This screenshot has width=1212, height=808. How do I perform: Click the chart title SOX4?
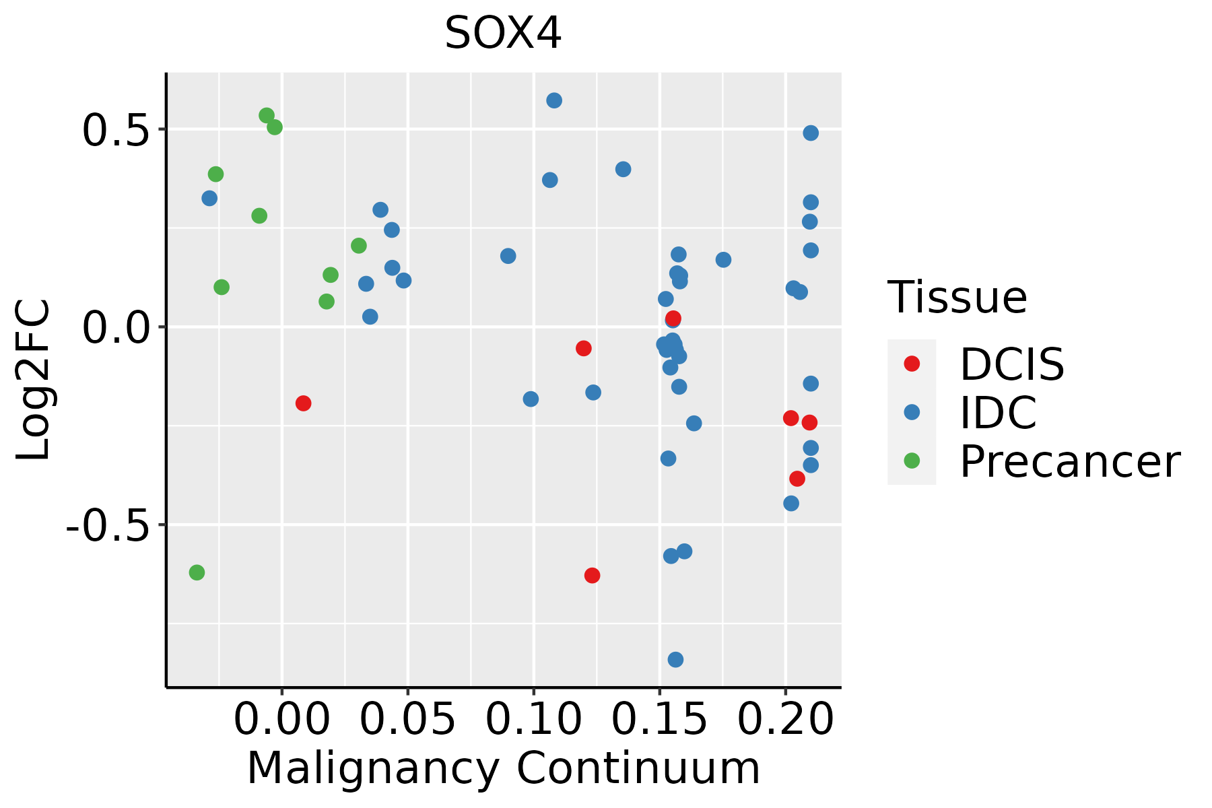click(503, 34)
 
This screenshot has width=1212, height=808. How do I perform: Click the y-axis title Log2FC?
click(34, 380)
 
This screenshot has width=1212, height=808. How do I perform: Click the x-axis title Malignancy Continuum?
click(503, 769)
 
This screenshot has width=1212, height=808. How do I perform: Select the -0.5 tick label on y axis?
click(106, 525)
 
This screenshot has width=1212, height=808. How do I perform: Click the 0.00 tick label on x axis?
click(281, 719)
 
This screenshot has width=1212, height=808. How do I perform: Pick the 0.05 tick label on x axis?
click(407, 719)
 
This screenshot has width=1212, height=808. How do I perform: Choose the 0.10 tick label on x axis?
click(533, 719)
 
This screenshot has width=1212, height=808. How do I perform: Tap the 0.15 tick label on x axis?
click(659, 719)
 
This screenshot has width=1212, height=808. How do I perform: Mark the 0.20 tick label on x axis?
click(785, 719)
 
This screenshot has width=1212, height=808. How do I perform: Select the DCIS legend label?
click(1011, 364)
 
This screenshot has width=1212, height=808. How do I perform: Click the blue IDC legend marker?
click(912, 412)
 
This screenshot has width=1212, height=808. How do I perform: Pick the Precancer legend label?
click(1069, 461)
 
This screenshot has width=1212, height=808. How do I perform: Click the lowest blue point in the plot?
click(675, 659)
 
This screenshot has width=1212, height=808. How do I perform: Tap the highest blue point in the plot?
click(554, 100)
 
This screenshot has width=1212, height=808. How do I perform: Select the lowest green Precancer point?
click(197, 572)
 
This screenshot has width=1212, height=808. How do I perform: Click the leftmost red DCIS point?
click(303, 403)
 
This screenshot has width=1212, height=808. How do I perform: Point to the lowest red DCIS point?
click(592, 575)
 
